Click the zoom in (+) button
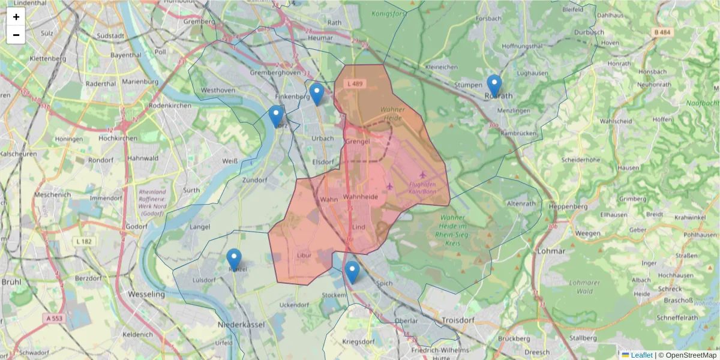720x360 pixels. coord(16,17)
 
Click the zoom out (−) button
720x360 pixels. coord(16,35)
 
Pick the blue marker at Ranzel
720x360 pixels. coord(234,260)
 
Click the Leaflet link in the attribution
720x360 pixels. coord(641,355)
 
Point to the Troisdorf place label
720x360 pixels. coord(457,320)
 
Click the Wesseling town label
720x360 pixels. coord(147,295)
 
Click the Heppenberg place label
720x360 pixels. coord(568,206)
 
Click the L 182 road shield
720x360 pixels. coord(85,241)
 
